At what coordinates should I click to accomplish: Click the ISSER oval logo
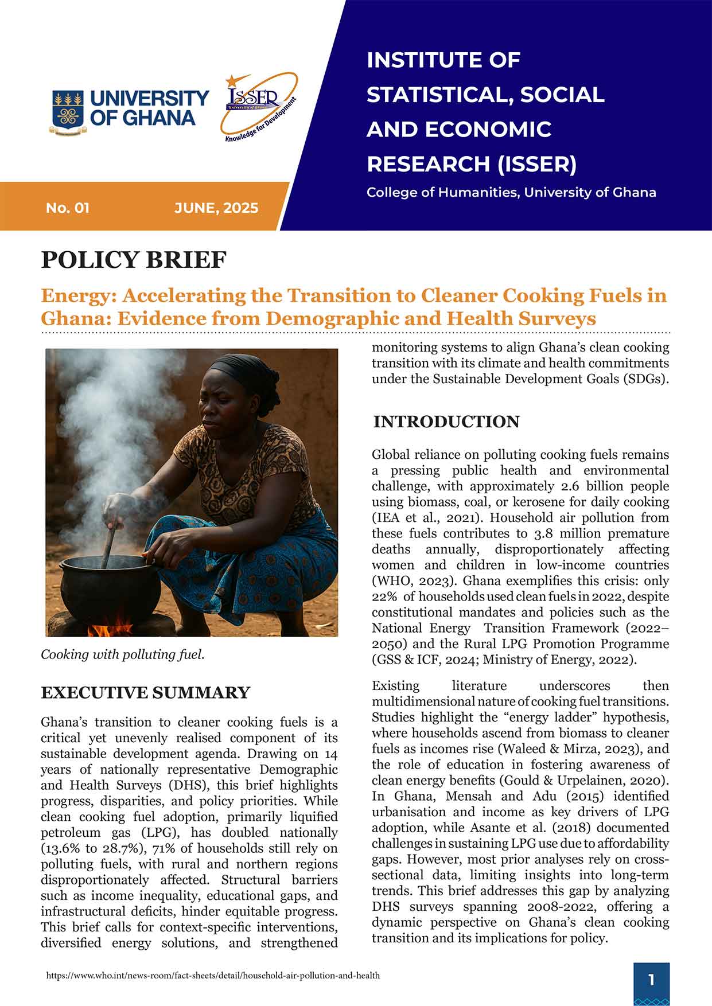(x=259, y=107)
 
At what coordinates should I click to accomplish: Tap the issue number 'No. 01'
(x=68, y=208)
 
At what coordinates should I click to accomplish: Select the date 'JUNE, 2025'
(x=216, y=208)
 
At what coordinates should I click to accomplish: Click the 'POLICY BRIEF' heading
(x=134, y=260)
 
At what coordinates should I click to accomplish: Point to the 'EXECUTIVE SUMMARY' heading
(x=145, y=693)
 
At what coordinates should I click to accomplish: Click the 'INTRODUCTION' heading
(x=446, y=422)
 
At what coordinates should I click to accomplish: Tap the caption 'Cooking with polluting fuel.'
(x=122, y=654)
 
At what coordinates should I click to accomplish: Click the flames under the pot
(x=115, y=626)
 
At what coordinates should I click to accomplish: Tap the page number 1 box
(x=651, y=980)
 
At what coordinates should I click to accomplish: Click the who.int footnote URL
(x=212, y=975)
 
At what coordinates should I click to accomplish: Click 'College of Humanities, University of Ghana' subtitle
(x=511, y=192)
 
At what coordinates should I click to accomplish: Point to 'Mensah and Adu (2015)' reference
(x=464, y=796)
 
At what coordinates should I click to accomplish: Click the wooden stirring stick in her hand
(x=109, y=545)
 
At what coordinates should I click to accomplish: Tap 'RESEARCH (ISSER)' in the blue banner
(x=471, y=164)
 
